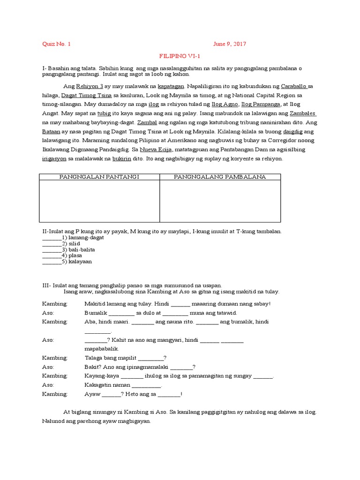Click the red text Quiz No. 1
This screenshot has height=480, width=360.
click(x=56, y=44)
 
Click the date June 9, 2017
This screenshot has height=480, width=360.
click(x=230, y=44)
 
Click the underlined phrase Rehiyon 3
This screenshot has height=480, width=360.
click(x=90, y=87)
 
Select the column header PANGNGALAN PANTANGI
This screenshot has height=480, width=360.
click(x=99, y=177)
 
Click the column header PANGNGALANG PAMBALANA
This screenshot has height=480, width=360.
click(x=220, y=177)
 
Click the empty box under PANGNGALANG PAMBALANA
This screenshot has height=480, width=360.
click(x=220, y=201)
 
